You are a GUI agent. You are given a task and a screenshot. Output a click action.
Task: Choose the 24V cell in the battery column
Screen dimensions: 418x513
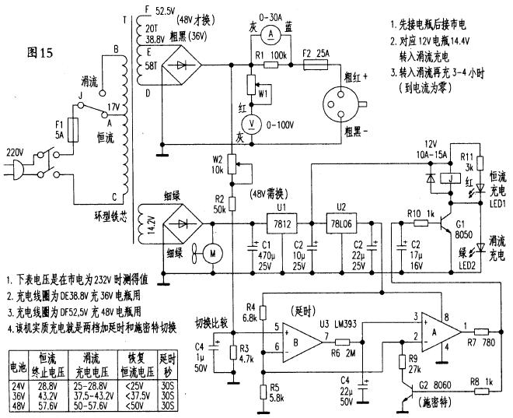(18, 385)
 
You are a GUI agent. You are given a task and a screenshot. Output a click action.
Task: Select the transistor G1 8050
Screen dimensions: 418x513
(445, 225)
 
